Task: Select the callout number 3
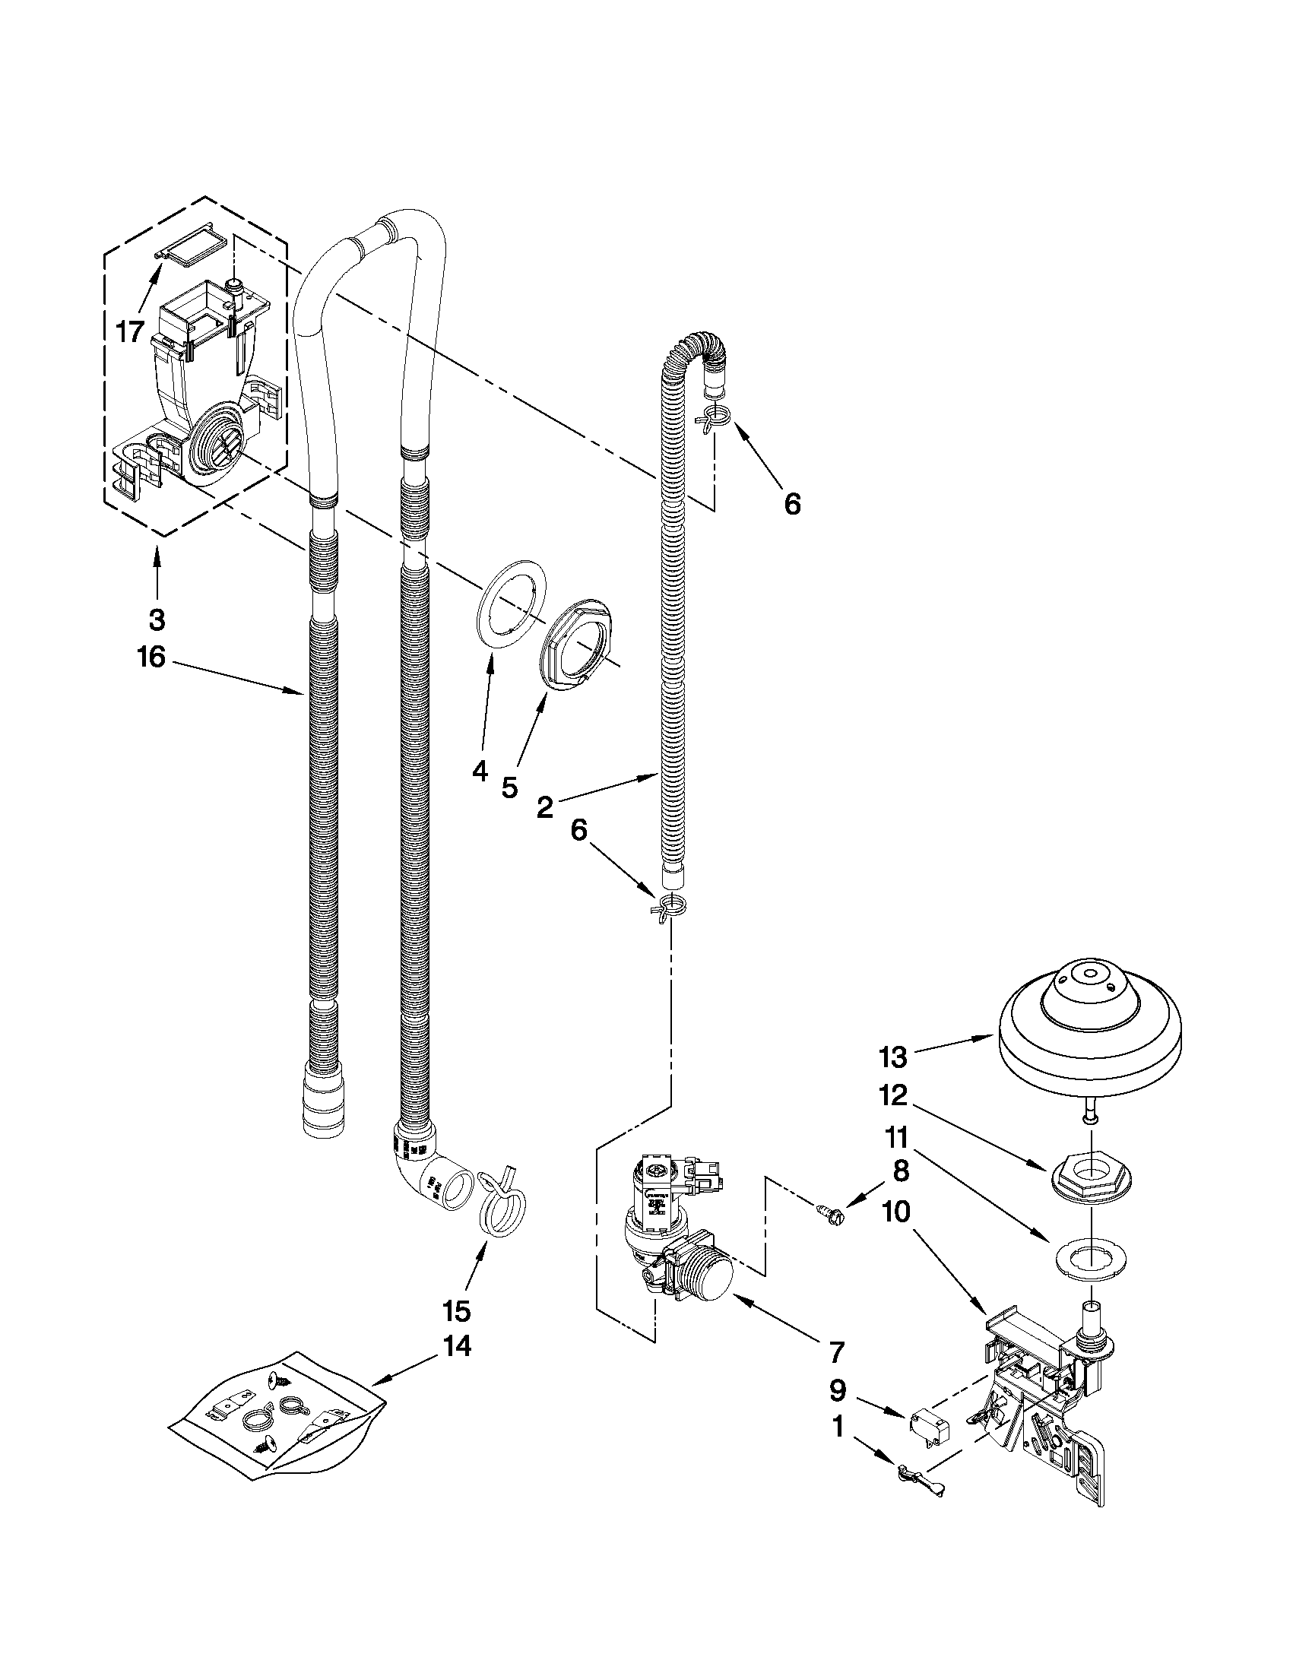157,619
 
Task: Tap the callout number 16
152,657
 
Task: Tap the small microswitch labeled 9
928,1424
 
